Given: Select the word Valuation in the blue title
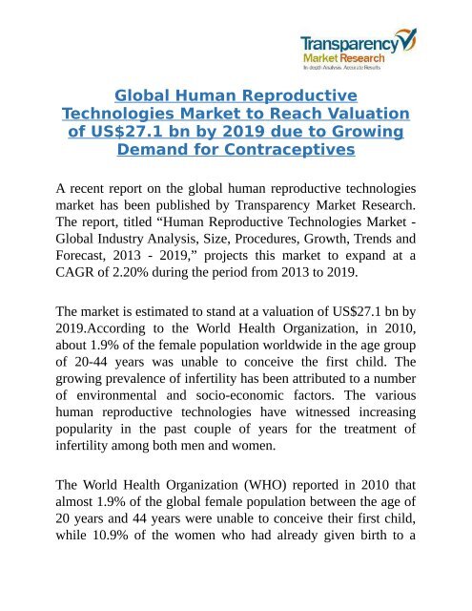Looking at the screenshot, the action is coord(359,114).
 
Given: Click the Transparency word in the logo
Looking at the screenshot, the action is coord(346,42).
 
